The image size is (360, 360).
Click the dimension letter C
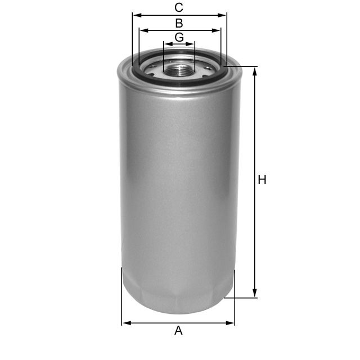click(179, 7)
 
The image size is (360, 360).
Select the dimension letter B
click(179, 23)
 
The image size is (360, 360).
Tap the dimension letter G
click(179, 37)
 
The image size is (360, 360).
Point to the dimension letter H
click(262, 180)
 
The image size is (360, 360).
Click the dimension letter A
click(178, 331)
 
